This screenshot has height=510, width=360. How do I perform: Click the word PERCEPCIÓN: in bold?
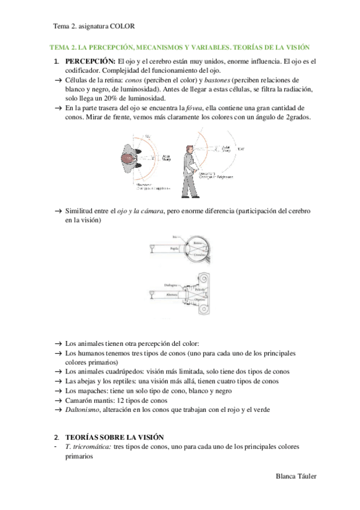coord(90,61)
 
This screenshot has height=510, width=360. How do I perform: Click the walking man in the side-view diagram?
coord(193,168)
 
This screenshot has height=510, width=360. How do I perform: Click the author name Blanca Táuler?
coord(294,476)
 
